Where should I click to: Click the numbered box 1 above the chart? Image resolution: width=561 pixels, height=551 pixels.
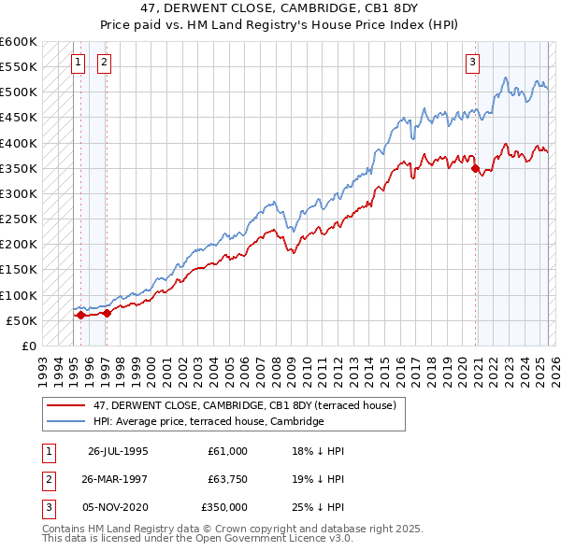point(77,63)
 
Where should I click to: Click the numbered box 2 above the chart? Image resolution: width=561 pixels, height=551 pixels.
point(103,63)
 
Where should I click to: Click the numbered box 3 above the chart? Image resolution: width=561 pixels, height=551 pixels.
point(472,63)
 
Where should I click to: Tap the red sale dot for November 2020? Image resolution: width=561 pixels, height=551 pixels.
point(475,169)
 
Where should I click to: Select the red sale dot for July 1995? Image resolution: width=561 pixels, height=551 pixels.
point(80,315)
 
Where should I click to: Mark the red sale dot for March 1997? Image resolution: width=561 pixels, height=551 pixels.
point(106,314)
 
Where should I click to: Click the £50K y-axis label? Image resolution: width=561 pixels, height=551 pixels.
point(22,320)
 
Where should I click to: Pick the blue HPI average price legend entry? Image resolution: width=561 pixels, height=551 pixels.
point(208,421)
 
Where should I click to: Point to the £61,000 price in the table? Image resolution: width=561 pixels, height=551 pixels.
point(228,451)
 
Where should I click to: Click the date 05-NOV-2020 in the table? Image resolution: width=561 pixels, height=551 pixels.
point(118,507)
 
